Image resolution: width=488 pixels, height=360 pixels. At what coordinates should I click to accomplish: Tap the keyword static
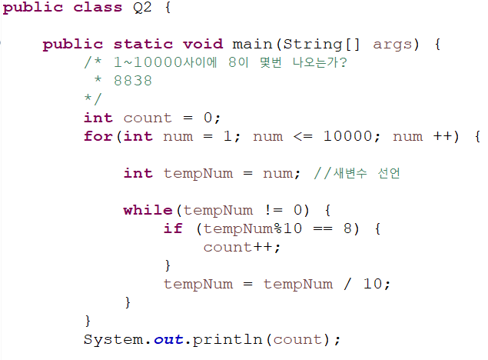[144, 44]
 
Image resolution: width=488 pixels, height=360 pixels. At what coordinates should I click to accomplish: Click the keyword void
[203, 44]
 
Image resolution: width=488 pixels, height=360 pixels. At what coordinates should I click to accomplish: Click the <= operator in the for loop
[302, 136]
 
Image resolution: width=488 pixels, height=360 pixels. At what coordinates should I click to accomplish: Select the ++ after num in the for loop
[443, 136]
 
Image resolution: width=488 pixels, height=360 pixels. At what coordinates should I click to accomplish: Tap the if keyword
[173, 228]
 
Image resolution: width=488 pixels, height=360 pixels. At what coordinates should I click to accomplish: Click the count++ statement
[241, 247]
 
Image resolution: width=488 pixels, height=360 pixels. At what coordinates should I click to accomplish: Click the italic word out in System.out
[168, 339]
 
